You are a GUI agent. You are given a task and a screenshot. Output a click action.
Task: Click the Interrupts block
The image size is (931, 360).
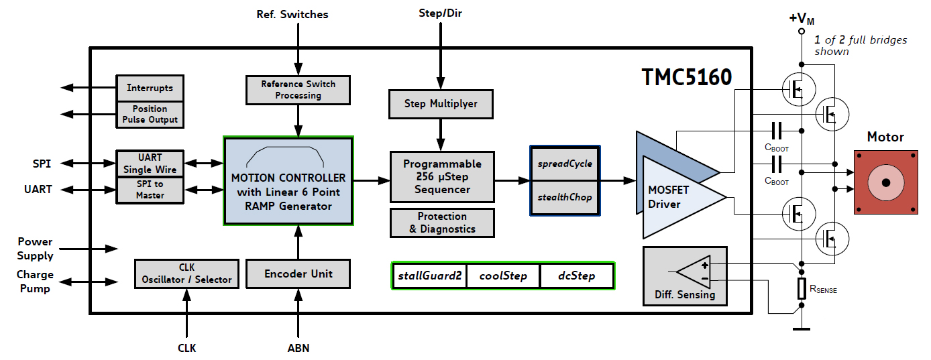[x=150, y=88]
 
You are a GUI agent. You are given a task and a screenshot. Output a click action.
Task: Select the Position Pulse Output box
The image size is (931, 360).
[x=150, y=114]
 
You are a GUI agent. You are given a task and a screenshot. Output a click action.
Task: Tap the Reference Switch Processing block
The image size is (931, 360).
[x=298, y=90]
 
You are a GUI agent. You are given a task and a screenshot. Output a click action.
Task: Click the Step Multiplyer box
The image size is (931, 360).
[x=441, y=104]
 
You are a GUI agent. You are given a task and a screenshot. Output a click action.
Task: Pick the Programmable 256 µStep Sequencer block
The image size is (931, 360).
[x=441, y=176]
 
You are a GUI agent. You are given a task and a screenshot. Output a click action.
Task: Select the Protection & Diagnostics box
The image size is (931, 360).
[x=441, y=223]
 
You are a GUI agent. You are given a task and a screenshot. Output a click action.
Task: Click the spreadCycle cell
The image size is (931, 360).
[x=564, y=164]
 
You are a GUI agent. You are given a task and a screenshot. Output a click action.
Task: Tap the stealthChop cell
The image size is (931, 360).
[x=564, y=197]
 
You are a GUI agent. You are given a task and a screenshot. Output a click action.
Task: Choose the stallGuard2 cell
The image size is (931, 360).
[x=429, y=276]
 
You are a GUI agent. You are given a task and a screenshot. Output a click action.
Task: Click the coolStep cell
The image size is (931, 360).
[x=502, y=276]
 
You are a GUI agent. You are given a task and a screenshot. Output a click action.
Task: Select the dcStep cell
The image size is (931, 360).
[x=577, y=276]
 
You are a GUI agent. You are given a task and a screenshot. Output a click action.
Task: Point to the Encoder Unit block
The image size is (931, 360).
[x=298, y=274]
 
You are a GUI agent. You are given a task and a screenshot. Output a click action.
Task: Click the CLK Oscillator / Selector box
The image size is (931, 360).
[x=186, y=274]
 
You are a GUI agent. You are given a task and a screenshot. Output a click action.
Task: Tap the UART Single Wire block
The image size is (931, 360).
[x=150, y=163]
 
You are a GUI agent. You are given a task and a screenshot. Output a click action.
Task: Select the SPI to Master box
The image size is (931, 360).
[x=150, y=189]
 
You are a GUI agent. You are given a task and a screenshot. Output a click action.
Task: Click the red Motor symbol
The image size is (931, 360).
[x=885, y=182]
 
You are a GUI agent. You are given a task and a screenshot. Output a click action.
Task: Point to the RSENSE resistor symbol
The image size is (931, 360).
[x=802, y=289]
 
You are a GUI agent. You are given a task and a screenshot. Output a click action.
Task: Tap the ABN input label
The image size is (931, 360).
[x=298, y=348]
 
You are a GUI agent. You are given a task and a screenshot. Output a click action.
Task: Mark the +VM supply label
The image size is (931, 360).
[x=802, y=18]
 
